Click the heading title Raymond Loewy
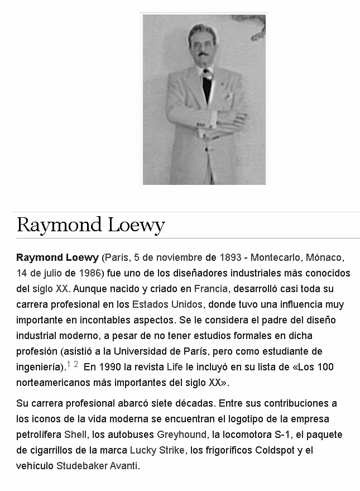[91, 225]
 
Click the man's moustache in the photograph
[202, 54]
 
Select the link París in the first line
[116, 258]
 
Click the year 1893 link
[231, 258]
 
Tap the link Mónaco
[324, 258]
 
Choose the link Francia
[210, 289]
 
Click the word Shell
[75, 435]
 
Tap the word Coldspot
[276, 450]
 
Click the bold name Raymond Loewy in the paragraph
[57, 258]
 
